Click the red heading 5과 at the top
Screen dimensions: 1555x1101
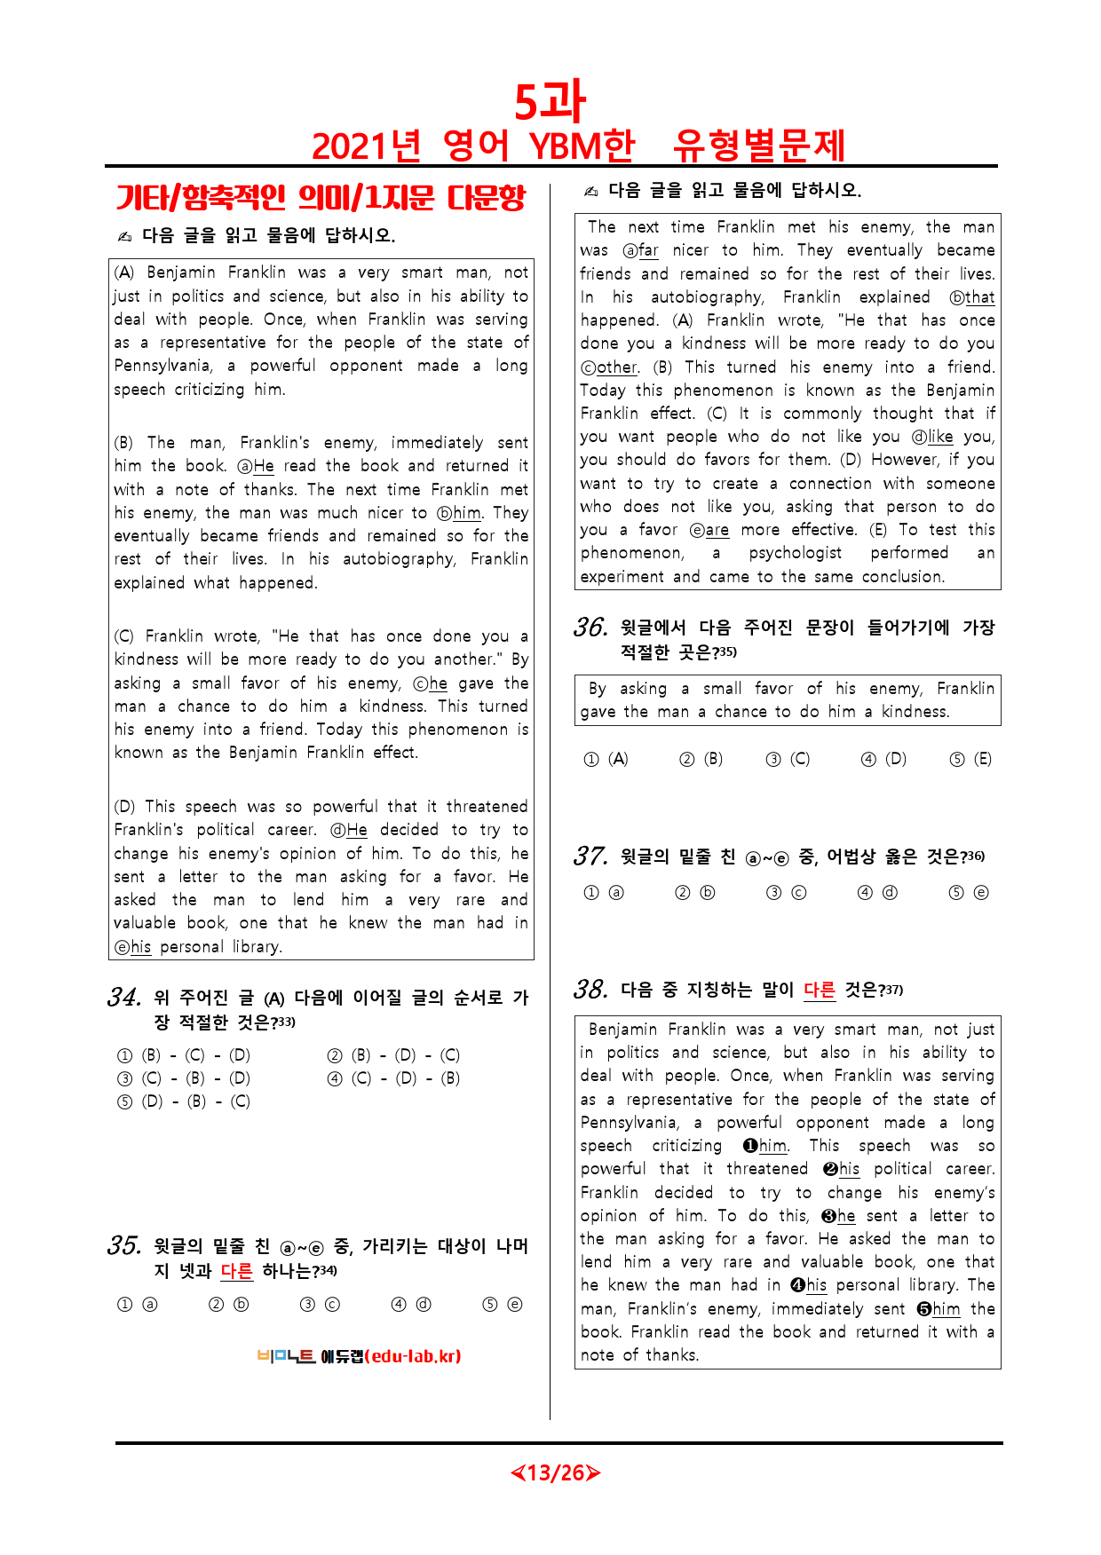(x=550, y=101)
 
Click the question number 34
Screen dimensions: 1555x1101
(x=124, y=998)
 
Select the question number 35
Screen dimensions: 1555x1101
(x=124, y=1246)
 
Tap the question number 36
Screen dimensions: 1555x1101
(x=590, y=628)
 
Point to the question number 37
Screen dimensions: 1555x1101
(x=590, y=856)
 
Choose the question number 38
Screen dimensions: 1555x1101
(x=590, y=990)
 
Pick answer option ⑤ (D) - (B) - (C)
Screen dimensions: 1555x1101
(x=185, y=1101)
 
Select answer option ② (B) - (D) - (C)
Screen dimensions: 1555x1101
(x=394, y=1055)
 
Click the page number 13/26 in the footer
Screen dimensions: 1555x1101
(x=556, y=1473)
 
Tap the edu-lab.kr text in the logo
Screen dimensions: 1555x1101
(x=412, y=1356)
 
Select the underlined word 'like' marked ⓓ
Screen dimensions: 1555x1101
(x=940, y=437)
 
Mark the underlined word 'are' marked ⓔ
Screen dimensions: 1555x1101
(x=717, y=530)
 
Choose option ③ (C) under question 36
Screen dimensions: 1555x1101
(x=788, y=759)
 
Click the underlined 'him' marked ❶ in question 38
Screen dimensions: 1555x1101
(x=772, y=1146)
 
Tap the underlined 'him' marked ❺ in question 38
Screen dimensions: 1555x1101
(x=947, y=1309)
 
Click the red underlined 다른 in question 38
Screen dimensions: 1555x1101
(x=820, y=990)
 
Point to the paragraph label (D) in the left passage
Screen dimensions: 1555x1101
(x=123, y=807)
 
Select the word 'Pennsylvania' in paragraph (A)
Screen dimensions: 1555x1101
(x=162, y=366)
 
